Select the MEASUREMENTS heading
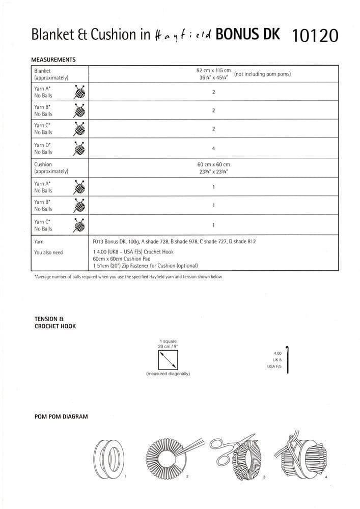(x=53, y=60)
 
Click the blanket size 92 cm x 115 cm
(x=213, y=70)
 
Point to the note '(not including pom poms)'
(x=262, y=74)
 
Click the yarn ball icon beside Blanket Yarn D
(x=80, y=148)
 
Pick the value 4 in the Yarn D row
(x=213, y=148)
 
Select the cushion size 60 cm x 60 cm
(x=213, y=164)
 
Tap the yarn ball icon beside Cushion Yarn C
(x=80, y=225)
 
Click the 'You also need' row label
(x=48, y=252)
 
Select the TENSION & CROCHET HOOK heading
(x=54, y=322)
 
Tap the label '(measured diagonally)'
(x=168, y=374)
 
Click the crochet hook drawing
(x=288, y=359)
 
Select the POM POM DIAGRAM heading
(x=60, y=416)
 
